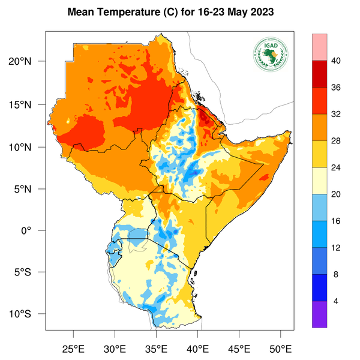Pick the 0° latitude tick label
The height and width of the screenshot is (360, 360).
tap(35, 230)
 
